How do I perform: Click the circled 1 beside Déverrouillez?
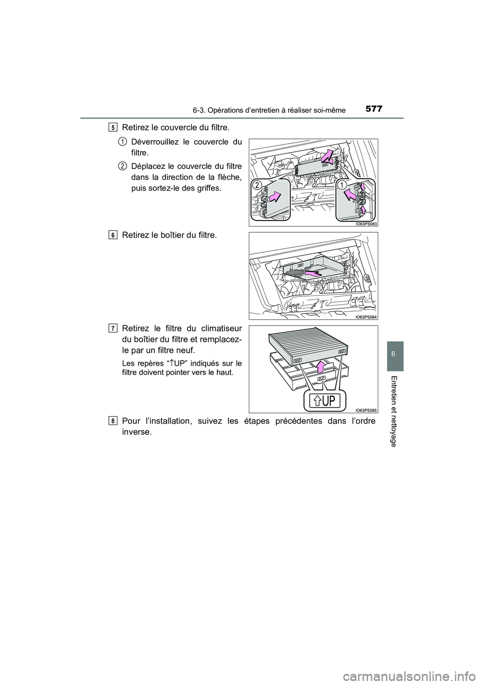123,142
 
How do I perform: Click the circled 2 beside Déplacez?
123,166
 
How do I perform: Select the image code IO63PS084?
366,316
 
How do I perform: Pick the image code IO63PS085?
366,410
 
